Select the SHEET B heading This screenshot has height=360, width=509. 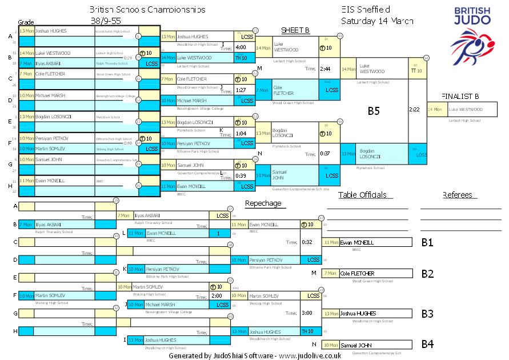click(295, 30)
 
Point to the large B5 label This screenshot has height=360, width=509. click(374, 111)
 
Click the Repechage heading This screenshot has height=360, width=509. click(263, 203)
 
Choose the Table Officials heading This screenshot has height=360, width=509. click(363, 195)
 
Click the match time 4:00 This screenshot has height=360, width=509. click(241, 47)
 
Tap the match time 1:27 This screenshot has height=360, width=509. click(241, 90)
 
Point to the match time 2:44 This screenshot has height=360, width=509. click(326, 69)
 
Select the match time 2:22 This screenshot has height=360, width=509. click(415, 109)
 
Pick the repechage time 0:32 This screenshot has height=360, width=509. click(307, 242)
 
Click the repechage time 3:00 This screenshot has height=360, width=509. click(307, 313)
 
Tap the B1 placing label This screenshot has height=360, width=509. click(427, 243)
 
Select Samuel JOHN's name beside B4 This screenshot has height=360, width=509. click(356, 345)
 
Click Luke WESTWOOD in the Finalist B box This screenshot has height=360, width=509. click(466, 109)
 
